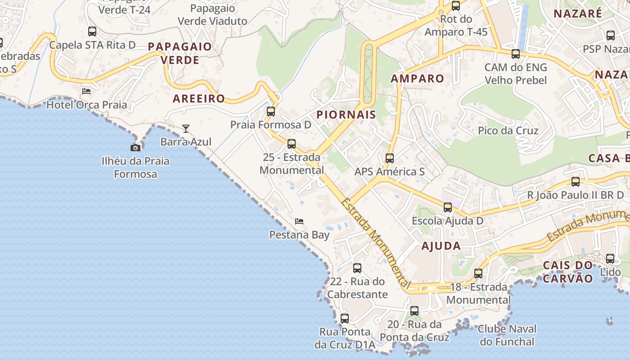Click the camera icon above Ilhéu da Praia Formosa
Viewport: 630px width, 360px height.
point(135,148)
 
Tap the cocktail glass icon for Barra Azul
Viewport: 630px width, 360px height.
point(186,129)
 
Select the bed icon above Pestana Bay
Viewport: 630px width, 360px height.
point(299,221)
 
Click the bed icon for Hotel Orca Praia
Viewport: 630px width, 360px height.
point(86,91)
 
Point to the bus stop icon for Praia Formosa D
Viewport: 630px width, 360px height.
point(271,112)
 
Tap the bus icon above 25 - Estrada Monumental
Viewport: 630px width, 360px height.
point(292,144)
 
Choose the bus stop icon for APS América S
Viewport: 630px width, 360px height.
point(390,158)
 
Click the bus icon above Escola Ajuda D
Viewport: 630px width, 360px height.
point(447,207)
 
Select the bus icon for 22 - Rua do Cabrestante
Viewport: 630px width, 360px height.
point(357,268)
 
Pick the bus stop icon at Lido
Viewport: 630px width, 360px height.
point(610,259)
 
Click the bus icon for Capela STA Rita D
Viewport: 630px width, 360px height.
point(92,31)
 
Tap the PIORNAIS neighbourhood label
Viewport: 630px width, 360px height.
point(346,114)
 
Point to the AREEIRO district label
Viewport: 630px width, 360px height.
point(199,99)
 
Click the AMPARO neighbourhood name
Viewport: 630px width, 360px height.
point(417,78)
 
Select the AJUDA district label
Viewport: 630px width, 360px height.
point(441,246)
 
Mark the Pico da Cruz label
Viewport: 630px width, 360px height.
point(508,130)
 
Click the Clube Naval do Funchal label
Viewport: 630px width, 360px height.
point(507,335)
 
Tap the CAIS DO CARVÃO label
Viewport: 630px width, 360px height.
point(568,271)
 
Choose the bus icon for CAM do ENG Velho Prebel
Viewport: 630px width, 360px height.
point(516,54)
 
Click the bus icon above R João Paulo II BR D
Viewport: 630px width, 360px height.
point(576,182)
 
